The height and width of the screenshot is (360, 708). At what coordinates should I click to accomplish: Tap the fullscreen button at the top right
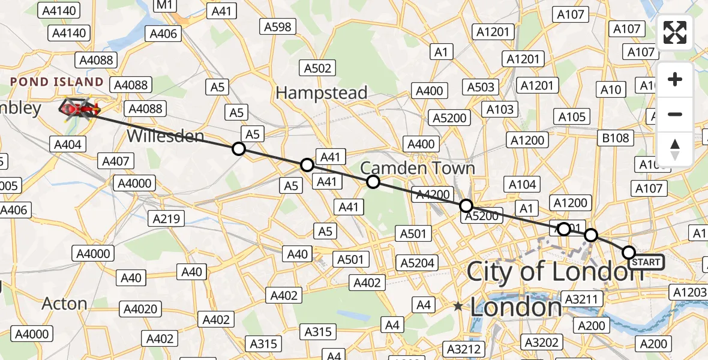675,32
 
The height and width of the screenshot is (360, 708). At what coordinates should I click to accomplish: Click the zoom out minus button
675,114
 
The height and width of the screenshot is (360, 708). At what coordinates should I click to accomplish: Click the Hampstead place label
321,93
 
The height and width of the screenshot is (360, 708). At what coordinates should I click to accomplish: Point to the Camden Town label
418,168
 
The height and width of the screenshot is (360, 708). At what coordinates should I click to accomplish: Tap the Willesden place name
165,137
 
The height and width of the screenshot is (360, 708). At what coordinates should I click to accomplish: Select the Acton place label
64,304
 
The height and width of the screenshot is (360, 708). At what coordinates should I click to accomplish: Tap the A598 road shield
278,26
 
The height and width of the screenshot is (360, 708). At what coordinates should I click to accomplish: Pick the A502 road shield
317,68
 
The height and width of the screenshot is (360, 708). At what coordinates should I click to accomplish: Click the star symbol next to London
458,307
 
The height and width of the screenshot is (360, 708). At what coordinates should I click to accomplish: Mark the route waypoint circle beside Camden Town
373,182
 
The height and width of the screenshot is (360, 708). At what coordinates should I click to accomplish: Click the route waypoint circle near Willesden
239,148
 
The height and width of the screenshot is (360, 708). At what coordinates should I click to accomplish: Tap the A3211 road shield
581,298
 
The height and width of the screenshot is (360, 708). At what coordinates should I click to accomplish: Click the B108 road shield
616,139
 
